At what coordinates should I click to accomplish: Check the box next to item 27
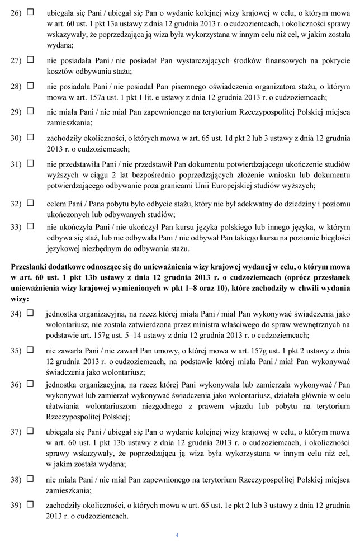click(x=31, y=59)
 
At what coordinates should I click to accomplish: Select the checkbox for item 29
click(x=31, y=111)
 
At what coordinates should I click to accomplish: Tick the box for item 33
click(x=31, y=226)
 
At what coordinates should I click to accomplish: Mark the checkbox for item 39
click(x=31, y=505)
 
